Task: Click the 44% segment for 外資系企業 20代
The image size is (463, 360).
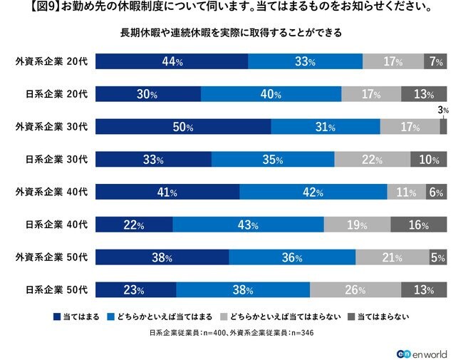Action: pyautogui.click(x=172, y=62)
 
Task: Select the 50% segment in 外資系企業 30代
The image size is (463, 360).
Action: pyautogui.click(x=183, y=128)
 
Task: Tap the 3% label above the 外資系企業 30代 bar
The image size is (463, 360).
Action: pyautogui.click(x=443, y=110)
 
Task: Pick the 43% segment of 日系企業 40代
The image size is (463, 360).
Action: pyautogui.click(x=248, y=225)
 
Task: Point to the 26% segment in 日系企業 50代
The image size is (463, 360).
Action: pyautogui.click(x=355, y=290)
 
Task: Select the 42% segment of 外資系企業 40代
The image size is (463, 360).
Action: pyautogui.click(x=313, y=192)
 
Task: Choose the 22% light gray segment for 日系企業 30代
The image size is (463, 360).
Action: pyautogui.click(x=370, y=160)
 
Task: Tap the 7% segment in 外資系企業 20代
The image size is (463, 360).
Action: pyautogui.click(x=435, y=62)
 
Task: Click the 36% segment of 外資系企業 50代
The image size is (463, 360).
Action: pyautogui.click(x=292, y=258)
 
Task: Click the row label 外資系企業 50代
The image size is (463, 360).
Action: pyautogui.click(x=51, y=258)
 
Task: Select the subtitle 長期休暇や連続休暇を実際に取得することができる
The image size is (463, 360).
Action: pyautogui.click(x=231, y=33)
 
